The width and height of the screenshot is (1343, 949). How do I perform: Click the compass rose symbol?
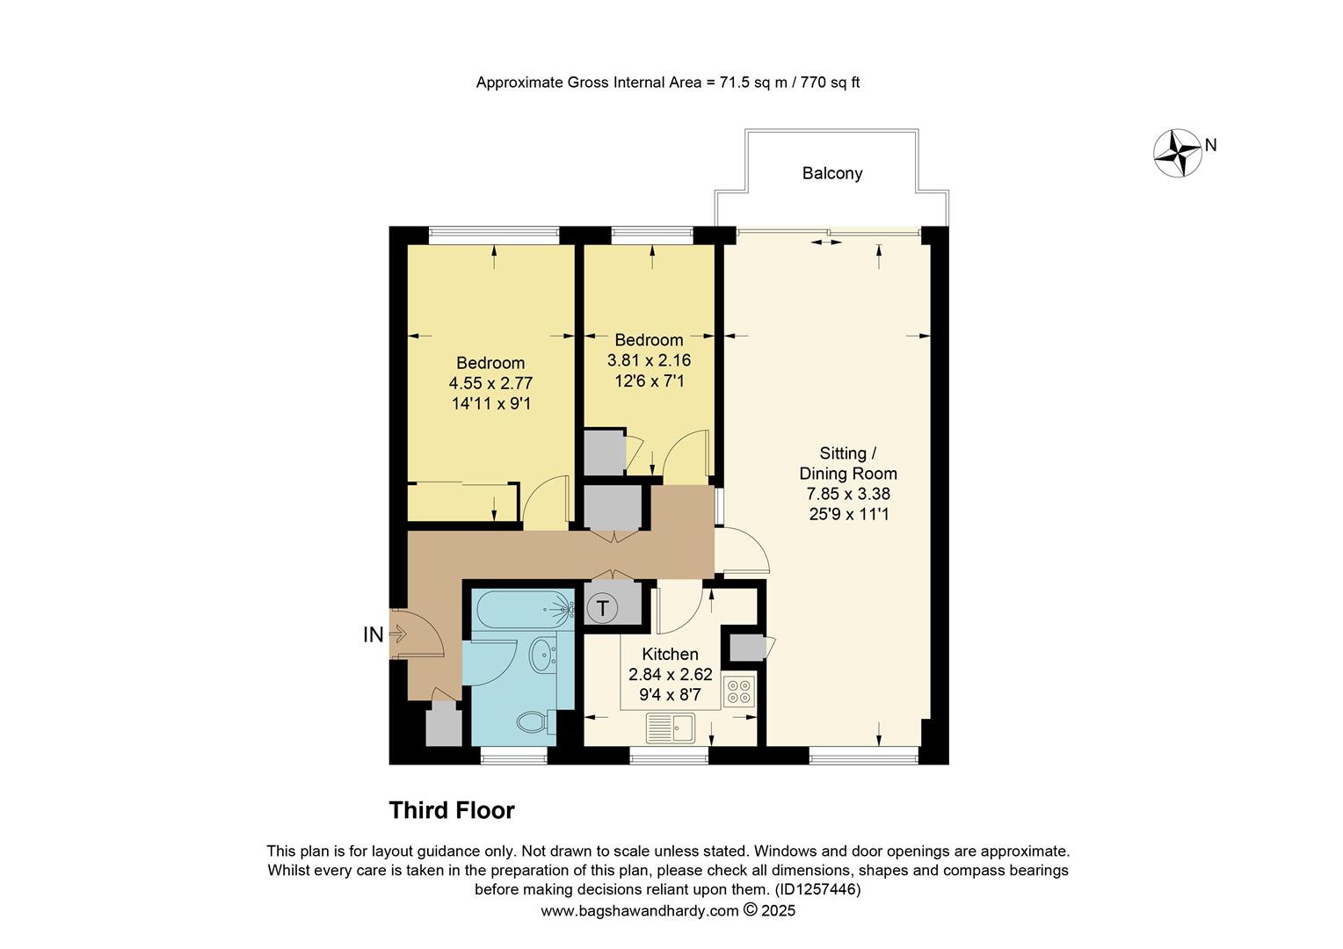pyautogui.click(x=1177, y=153)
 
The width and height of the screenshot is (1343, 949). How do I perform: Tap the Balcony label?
pyautogui.click(x=831, y=173)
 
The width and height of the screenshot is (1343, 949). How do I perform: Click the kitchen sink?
pyautogui.click(x=671, y=728)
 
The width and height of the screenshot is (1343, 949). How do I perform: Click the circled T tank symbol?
pyautogui.click(x=603, y=607)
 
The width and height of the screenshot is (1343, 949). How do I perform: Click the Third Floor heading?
pyautogui.click(x=452, y=810)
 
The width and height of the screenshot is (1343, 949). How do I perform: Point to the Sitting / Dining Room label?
pyautogui.click(x=847, y=463)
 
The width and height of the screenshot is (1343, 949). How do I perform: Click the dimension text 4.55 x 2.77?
pyautogui.click(x=490, y=383)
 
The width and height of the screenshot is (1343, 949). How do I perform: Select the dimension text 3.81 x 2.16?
pyautogui.click(x=649, y=360)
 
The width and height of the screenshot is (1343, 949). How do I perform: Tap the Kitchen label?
pyautogui.click(x=670, y=654)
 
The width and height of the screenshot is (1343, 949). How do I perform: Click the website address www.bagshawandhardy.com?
pyautogui.click(x=639, y=911)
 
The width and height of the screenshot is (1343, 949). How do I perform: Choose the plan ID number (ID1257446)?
pyautogui.click(x=817, y=889)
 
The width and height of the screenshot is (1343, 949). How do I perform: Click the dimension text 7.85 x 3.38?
pyautogui.click(x=848, y=494)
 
